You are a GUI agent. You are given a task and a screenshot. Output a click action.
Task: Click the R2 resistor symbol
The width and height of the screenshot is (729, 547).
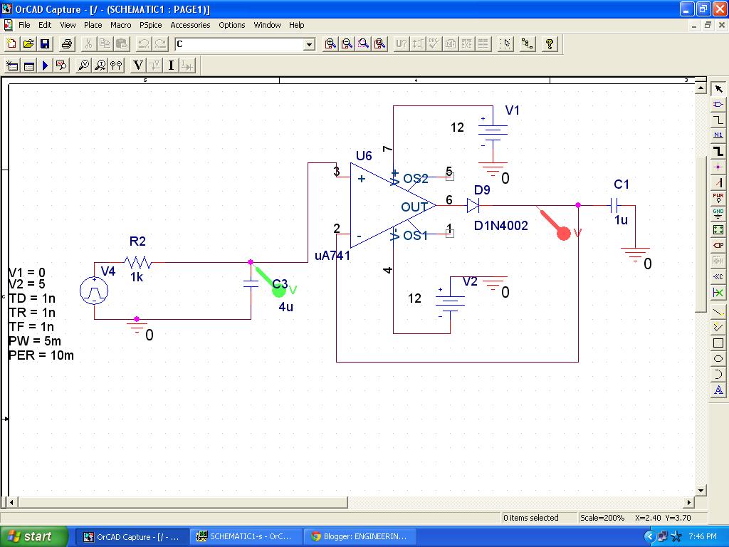click(137, 262)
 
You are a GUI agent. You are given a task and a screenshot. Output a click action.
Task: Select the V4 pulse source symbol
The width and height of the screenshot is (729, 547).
click(94, 291)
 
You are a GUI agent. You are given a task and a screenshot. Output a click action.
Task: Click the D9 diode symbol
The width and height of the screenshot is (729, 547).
click(473, 206)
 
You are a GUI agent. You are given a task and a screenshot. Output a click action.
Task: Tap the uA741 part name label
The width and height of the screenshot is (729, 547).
click(332, 255)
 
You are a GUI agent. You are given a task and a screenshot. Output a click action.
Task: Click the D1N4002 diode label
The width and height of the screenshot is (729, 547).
click(501, 226)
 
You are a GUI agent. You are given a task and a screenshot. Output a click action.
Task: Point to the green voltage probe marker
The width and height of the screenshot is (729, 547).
click(279, 290)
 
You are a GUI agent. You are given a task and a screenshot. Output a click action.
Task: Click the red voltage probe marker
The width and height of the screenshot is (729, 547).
click(563, 233)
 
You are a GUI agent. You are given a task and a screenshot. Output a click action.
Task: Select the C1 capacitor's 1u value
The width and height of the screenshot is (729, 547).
click(621, 220)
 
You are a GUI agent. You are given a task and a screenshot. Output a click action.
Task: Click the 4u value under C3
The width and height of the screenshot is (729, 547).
click(285, 307)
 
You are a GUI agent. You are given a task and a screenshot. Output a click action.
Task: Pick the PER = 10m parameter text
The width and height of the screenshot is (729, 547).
click(41, 355)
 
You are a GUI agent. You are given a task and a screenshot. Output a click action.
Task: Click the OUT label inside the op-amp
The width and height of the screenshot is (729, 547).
click(414, 207)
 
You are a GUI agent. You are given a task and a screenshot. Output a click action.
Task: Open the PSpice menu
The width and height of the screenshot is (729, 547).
click(150, 25)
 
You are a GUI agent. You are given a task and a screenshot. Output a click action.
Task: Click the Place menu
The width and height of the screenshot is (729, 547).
click(93, 25)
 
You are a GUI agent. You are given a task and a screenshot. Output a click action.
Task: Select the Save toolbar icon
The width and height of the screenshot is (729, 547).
click(45, 44)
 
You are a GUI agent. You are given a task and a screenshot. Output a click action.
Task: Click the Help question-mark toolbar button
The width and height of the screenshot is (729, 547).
click(549, 44)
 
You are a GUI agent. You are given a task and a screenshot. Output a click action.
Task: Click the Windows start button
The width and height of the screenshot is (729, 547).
click(34, 536)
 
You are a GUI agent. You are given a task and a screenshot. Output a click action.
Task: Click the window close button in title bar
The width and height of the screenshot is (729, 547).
click(718, 9)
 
